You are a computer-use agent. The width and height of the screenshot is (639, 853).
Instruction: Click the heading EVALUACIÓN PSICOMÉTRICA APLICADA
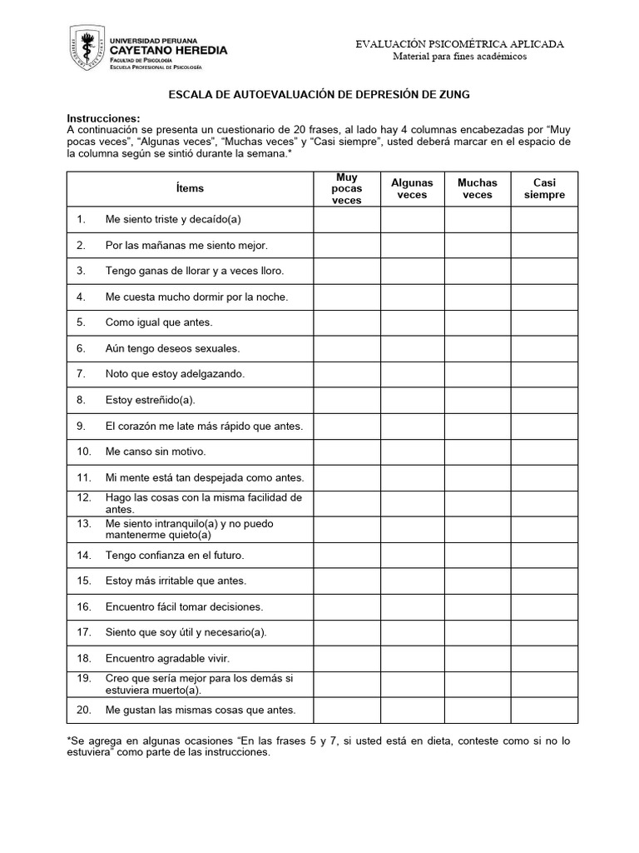pos(460,43)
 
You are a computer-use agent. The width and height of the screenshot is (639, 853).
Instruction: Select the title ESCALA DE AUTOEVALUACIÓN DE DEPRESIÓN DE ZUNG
pos(319,95)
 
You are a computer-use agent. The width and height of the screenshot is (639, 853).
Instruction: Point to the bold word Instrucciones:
pos(103,119)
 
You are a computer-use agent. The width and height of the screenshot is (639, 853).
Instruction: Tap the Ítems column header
pos(190,188)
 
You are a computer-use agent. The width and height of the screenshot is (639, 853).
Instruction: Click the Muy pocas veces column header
pos(347,189)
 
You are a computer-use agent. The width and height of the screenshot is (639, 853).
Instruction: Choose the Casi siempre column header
pos(544,189)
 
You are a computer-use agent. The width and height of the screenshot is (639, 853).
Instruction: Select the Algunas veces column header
pos(412,189)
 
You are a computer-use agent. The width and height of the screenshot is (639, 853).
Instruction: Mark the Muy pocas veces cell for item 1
pos(347,220)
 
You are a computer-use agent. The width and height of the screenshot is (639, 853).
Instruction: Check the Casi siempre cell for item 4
pos(544,297)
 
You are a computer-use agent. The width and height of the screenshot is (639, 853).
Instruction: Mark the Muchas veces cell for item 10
pos(477,451)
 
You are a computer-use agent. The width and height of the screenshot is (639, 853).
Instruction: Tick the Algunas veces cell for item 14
pos(412,555)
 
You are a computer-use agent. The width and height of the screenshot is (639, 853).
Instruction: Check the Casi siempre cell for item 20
pos(544,710)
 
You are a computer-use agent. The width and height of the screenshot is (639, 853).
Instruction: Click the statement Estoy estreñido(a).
pos(150,400)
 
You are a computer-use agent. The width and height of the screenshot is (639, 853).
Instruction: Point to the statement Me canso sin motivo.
pos(155,451)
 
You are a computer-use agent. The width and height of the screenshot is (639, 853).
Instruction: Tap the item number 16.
pos(82,606)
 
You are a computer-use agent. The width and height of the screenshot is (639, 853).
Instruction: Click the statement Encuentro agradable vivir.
pos(167,658)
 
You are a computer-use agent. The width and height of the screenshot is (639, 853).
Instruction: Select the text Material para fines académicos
pos(460,56)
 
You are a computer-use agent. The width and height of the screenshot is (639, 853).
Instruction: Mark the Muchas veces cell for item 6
pos(477,348)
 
